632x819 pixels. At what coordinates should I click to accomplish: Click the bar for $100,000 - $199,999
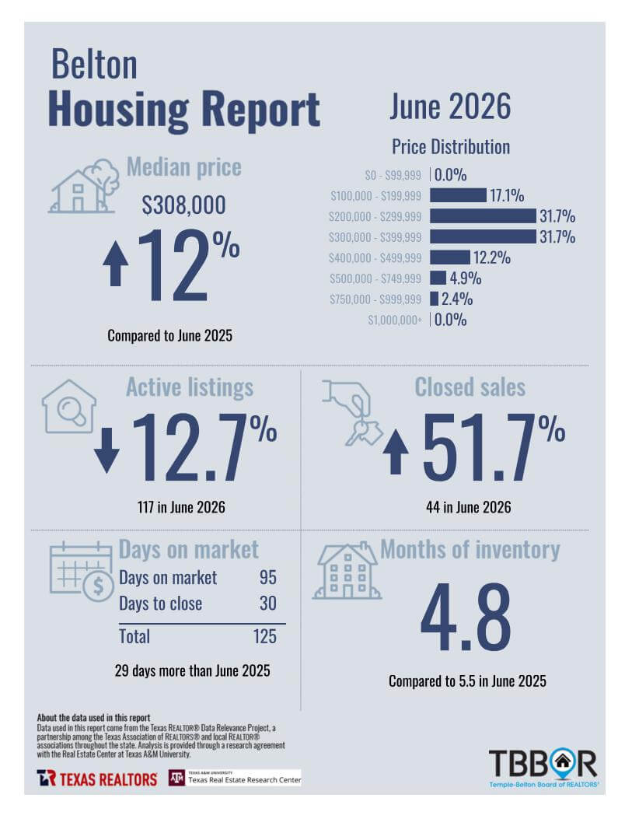[458, 195]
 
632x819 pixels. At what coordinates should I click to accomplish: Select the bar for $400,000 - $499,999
[450, 257]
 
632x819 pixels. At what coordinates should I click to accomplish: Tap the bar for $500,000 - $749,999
[438, 278]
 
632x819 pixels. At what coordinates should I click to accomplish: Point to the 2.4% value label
[456, 299]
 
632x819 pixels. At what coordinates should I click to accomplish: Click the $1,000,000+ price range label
[395, 320]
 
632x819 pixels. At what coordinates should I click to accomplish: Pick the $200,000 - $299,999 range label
[375, 216]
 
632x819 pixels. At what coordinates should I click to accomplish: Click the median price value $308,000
[183, 205]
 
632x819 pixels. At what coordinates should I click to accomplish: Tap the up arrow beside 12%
[116, 263]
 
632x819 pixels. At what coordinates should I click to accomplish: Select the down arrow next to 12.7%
[107, 451]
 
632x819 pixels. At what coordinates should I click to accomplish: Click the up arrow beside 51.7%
[396, 452]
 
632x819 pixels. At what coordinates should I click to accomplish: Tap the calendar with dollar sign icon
[82, 572]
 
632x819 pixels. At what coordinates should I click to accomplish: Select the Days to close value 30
[267, 604]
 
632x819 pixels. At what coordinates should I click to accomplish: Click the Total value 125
[264, 636]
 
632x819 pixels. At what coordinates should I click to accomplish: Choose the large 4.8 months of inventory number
[466, 618]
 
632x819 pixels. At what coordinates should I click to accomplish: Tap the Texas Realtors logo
[97, 779]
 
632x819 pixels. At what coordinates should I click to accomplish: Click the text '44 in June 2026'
[469, 507]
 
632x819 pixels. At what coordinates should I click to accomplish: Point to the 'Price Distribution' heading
[451, 147]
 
